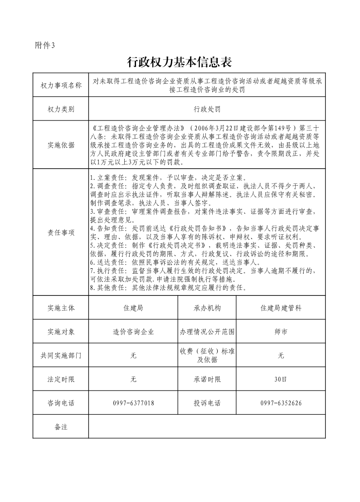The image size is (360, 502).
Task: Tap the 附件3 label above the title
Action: click(44, 45)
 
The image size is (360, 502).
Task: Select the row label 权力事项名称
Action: click(61, 85)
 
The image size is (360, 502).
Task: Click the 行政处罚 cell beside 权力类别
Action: click(207, 109)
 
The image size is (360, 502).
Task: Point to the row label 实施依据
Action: click(61, 145)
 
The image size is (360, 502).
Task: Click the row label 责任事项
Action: click(61, 232)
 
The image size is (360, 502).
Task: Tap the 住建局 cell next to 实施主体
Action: click(133, 308)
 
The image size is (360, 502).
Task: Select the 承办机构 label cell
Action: click(207, 308)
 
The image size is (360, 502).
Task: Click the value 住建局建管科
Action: click(281, 308)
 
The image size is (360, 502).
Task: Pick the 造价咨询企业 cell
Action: click(133, 332)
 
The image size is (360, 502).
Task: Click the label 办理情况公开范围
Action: click(207, 332)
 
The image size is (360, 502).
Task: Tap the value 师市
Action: click(281, 332)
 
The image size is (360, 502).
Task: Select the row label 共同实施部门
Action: click(61, 356)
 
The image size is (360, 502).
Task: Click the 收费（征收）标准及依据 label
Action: click(207, 356)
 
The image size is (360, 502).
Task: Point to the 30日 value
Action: click(281, 379)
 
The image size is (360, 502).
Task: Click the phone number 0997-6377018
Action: click(133, 403)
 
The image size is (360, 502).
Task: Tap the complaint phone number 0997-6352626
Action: click(281, 403)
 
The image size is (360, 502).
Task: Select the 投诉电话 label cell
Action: click(207, 403)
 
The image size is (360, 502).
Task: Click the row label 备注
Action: click(61, 427)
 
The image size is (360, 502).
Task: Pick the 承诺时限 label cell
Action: click(207, 379)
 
